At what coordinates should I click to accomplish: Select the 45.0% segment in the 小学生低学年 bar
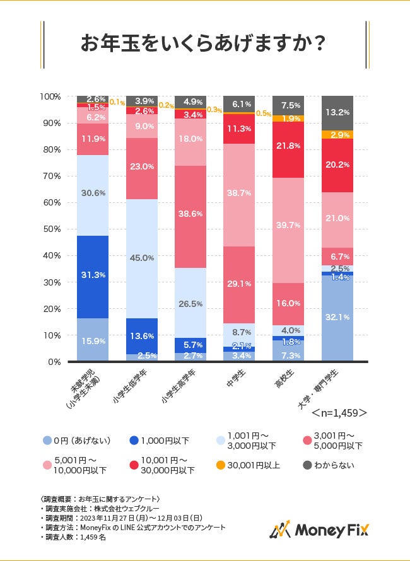click(x=142, y=258)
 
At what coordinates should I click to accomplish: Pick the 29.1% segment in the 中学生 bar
click(x=240, y=284)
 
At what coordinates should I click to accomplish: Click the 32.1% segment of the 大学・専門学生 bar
click(x=337, y=317)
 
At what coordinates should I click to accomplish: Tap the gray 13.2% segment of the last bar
click(x=337, y=113)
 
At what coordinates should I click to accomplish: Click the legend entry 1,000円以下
click(x=161, y=440)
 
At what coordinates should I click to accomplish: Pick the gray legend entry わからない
click(x=331, y=466)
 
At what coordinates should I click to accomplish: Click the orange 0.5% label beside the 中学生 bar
click(x=263, y=114)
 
